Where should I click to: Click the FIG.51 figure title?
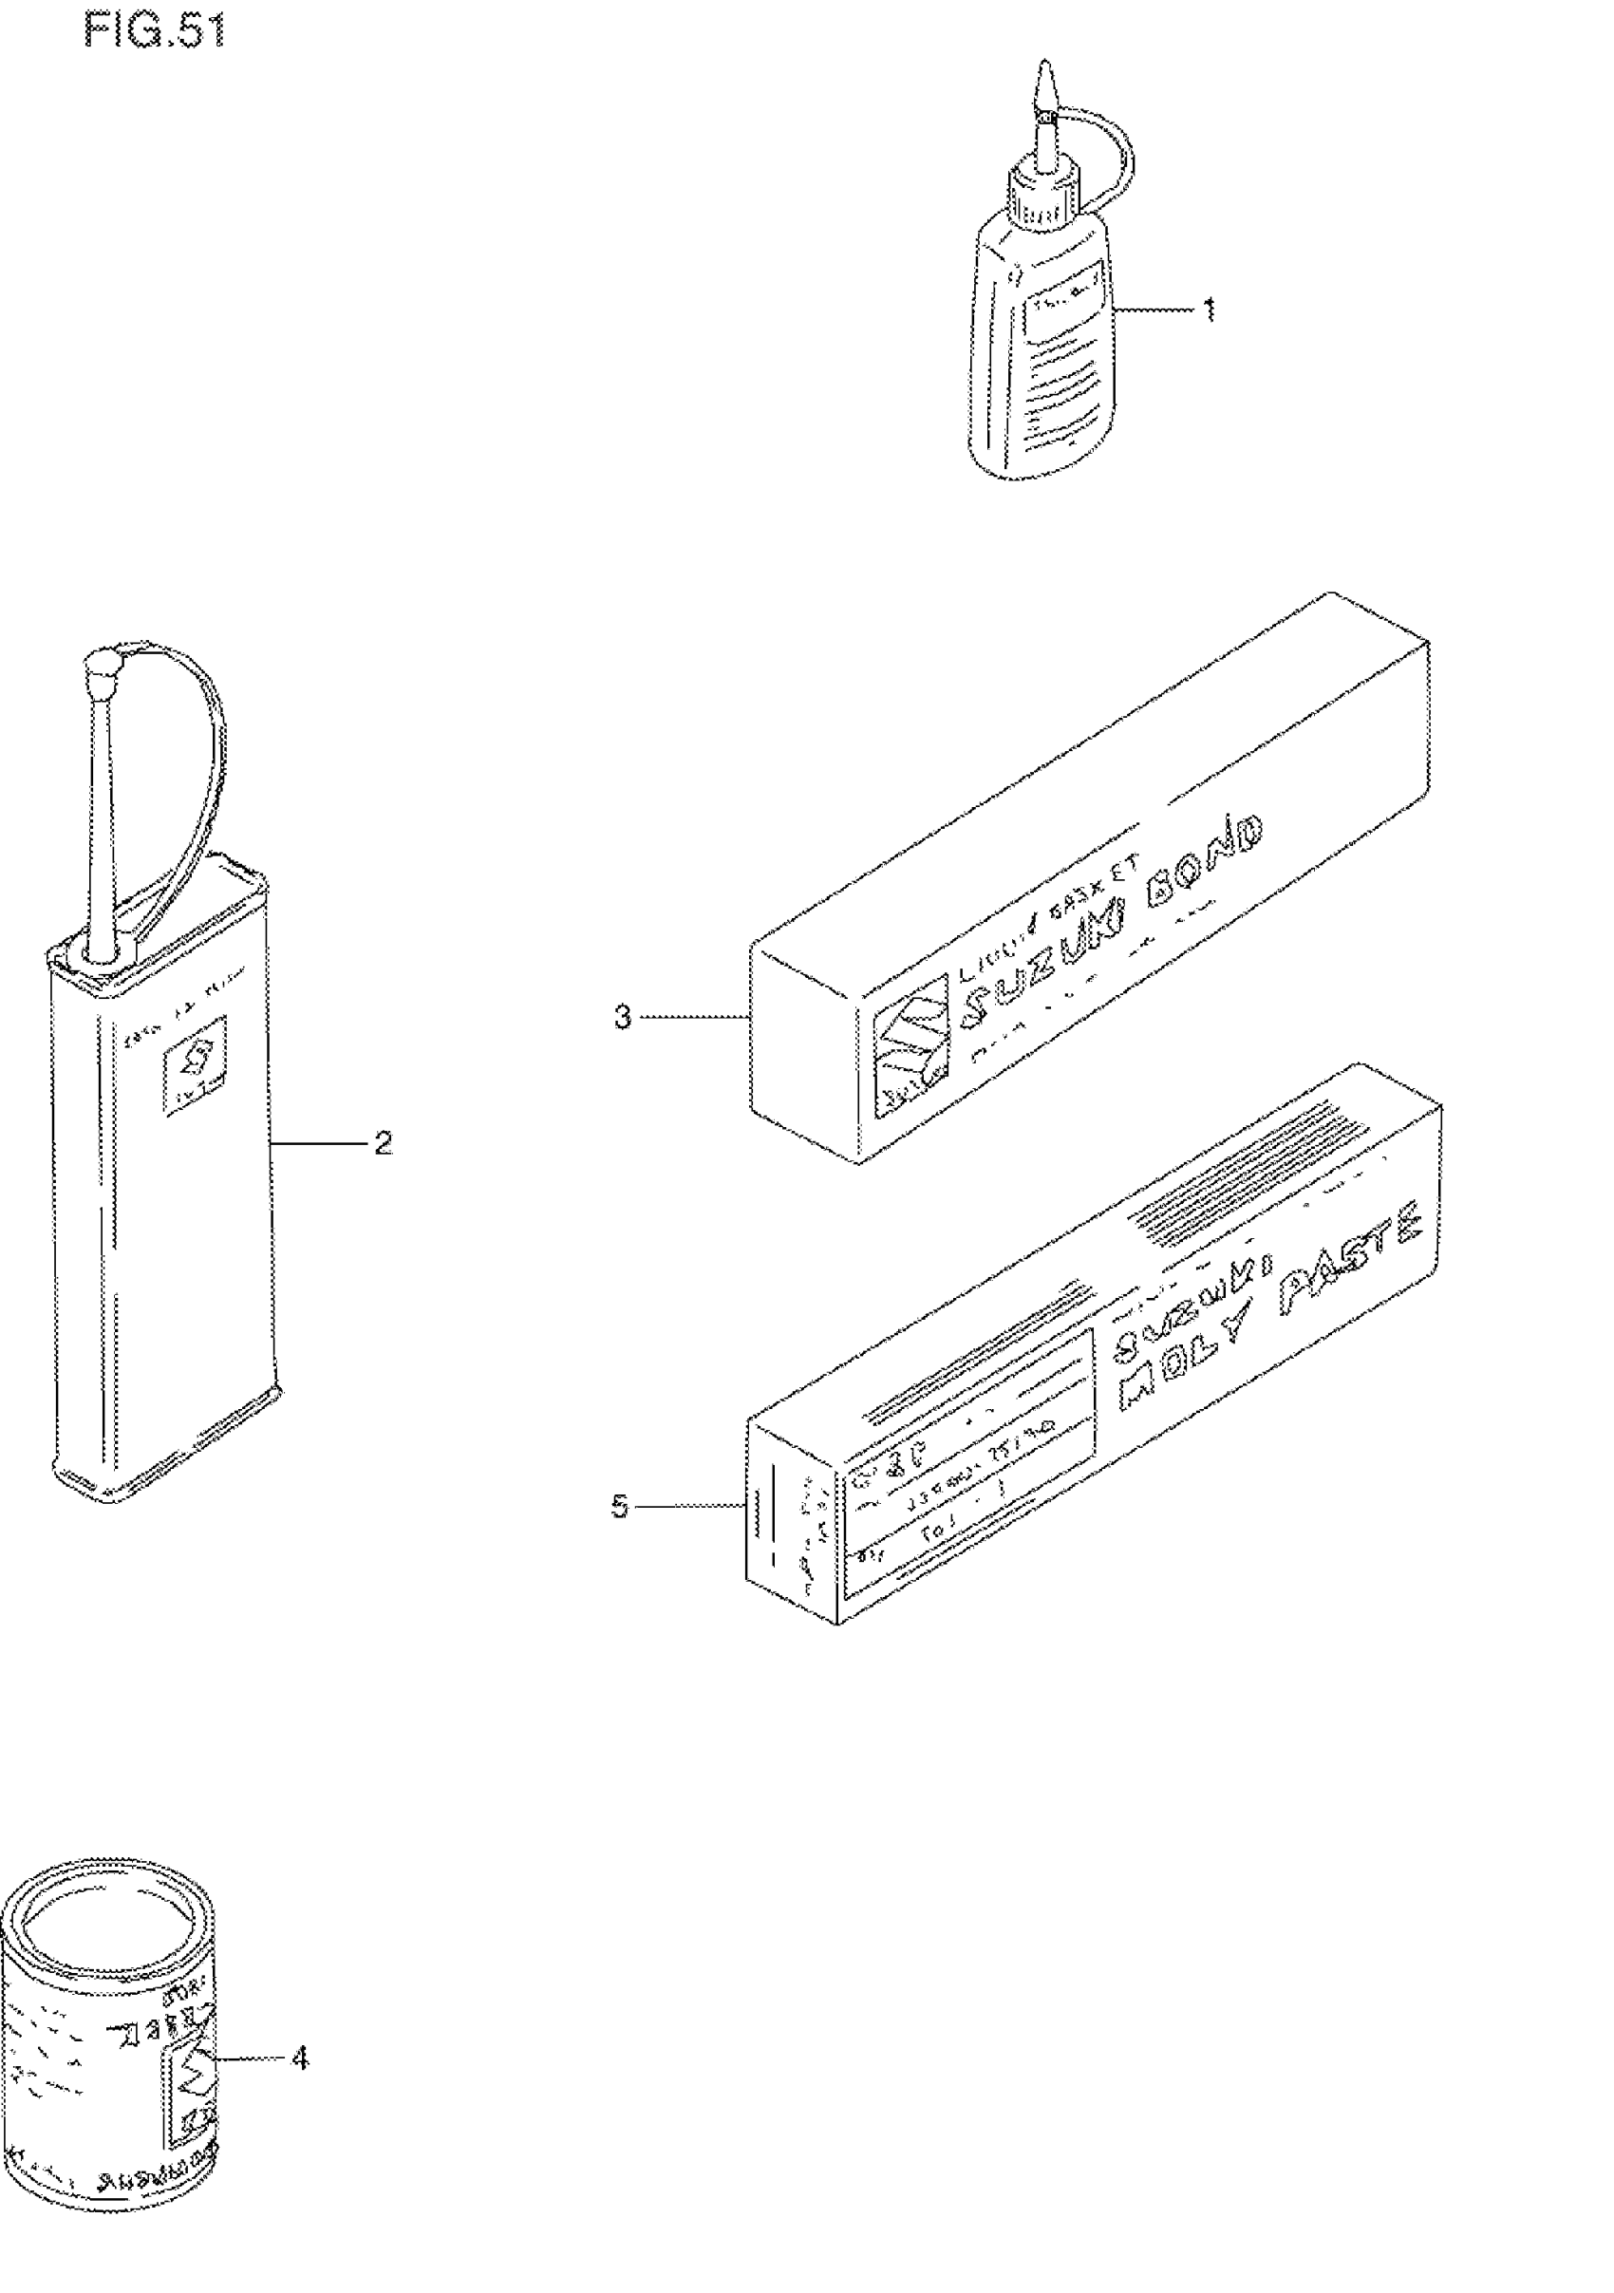tap(155, 31)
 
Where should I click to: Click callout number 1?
tap(1210, 310)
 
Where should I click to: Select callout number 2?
tap(383, 1143)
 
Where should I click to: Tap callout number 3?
tap(622, 1018)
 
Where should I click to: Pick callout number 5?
tap(620, 1507)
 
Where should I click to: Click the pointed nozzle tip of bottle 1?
tap(1044, 80)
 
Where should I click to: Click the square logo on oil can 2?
tap(196, 1064)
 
